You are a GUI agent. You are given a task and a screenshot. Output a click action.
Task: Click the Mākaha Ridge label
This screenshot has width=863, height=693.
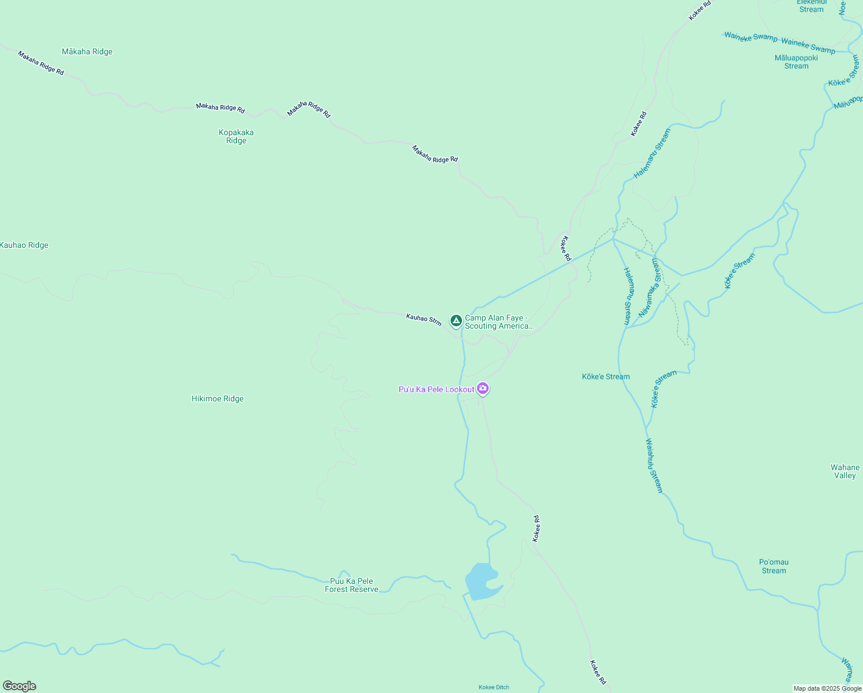[x=87, y=51]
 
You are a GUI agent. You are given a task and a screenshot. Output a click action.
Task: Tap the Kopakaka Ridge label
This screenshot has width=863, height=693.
[x=236, y=136]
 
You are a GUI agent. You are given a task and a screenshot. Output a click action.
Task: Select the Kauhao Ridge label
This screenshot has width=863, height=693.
[x=24, y=245]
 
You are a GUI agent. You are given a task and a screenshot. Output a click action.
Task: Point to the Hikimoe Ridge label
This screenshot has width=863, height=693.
[x=217, y=398]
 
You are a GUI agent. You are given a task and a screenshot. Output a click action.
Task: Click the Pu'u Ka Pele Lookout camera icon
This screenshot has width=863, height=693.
[x=483, y=389]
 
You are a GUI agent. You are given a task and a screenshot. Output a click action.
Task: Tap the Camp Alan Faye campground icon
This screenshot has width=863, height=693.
[x=456, y=320]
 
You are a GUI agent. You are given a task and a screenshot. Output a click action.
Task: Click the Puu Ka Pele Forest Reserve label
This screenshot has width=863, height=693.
[x=351, y=585]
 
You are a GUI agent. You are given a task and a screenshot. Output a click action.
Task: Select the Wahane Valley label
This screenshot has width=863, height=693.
[x=845, y=471]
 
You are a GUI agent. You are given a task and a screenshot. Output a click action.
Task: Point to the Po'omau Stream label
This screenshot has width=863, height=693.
[x=774, y=566]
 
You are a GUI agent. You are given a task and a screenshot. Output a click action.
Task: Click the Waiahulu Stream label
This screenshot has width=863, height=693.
[x=654, y=465]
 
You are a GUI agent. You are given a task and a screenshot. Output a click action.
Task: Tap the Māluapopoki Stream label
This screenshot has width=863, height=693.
[x=796, y=62]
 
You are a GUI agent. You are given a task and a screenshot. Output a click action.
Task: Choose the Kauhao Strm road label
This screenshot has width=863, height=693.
[x=423, y=319]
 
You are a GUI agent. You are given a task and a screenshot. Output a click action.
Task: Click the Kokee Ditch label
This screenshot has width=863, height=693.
[x=494, y=687]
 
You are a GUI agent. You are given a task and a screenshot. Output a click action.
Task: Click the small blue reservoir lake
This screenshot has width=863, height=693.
[x=481, y=582]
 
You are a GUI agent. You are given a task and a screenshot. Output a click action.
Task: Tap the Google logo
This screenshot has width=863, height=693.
[x=20, y=686]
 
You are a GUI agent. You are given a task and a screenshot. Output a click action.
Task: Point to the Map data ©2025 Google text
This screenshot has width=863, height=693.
[x=827, y=688]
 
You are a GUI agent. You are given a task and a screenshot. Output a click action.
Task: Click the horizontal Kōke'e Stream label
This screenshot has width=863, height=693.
[x=606, y=377]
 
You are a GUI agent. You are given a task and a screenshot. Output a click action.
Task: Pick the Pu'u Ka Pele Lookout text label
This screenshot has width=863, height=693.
[x=436, y=389]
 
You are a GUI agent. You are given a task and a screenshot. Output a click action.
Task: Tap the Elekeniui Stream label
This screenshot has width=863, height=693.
[x=812, y=6]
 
